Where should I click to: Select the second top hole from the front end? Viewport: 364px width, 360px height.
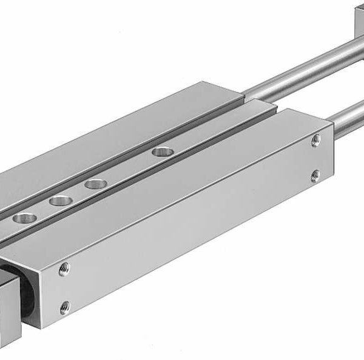pos(59,201)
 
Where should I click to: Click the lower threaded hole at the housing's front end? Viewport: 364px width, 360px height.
pos(65,307)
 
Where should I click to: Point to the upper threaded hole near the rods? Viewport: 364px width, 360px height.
pos(315,141)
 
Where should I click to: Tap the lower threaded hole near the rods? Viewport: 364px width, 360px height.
pos(315,176)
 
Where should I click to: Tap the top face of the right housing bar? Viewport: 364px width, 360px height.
pos(182,182)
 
